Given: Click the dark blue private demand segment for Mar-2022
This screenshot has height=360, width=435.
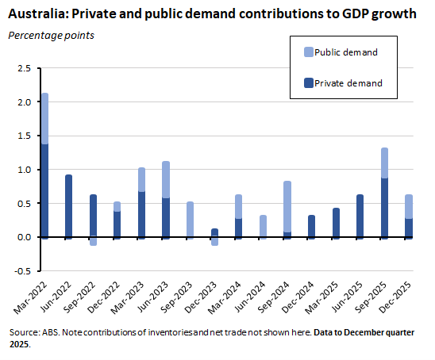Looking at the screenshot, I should (x=44, y=190).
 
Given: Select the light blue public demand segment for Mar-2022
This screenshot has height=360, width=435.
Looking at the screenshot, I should (x=44, y=119).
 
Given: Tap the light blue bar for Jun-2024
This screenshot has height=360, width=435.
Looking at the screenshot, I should (x=264, y=226).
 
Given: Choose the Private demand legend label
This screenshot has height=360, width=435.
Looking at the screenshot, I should (x=348, y=82).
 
